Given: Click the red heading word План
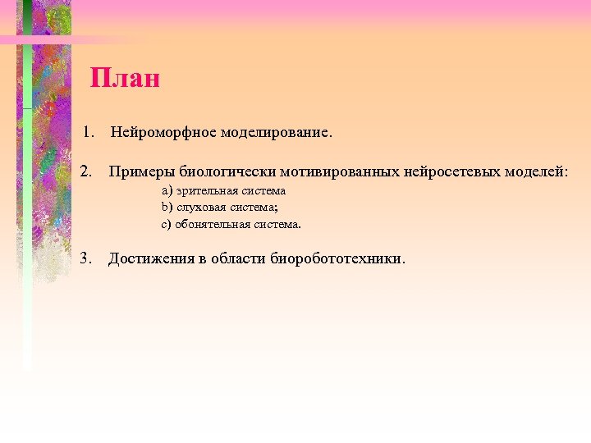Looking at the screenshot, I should [125, 79].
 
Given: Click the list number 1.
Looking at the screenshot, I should [89, 131].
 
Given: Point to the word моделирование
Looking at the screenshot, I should [274, 132].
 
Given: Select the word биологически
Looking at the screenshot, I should [226, 172].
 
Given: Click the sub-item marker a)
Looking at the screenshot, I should [166, 190].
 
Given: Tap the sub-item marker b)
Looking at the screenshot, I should [166, 207].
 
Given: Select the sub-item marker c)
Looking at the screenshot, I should [166, 223].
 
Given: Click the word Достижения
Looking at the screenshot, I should [151, 259].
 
